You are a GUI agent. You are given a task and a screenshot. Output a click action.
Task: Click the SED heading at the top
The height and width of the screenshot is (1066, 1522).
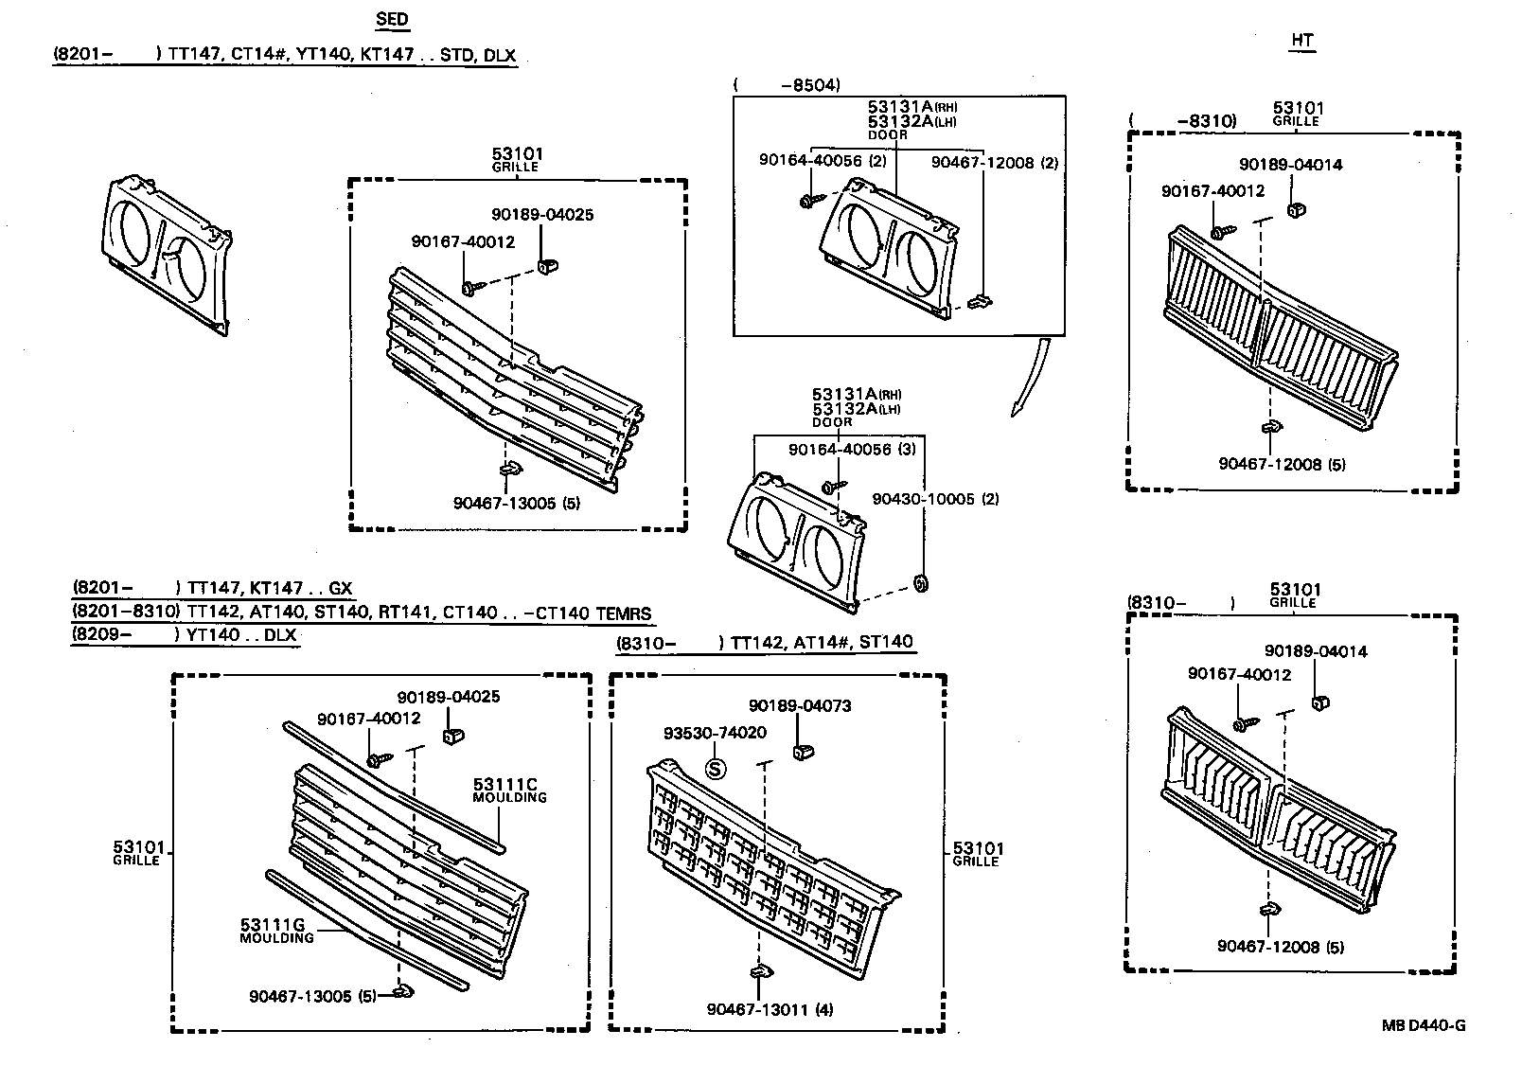pos(392,19)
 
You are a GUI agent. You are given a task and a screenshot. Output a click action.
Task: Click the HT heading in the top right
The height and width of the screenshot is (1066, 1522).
pos(1302,40)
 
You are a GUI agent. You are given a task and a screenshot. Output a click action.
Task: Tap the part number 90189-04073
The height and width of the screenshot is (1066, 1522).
pos(800,706)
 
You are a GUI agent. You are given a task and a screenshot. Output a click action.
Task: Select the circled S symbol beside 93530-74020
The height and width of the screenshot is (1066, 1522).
pos(716,770)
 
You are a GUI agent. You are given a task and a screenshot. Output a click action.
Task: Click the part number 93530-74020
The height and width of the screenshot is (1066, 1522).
pos(715,733)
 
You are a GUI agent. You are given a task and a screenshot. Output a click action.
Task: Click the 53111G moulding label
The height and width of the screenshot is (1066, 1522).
pos(276,930)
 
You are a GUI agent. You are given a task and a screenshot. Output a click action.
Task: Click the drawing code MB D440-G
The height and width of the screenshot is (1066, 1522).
pos(1423,1025)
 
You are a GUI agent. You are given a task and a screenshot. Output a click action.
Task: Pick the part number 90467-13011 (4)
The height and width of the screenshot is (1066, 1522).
pos(770,1009)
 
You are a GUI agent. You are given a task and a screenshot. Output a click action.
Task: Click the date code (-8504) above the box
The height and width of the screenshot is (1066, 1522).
pos(787,84)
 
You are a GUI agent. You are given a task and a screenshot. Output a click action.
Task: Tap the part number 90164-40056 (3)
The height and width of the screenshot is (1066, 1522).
pos(852,450)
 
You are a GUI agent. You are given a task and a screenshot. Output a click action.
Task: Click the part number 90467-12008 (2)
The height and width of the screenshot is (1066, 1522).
pos(994,162)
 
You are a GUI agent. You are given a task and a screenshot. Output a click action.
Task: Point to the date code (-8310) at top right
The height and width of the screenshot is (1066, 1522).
pos(1183,121)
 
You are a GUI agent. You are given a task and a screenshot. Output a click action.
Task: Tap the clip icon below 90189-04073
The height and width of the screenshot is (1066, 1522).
pos(804,752)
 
